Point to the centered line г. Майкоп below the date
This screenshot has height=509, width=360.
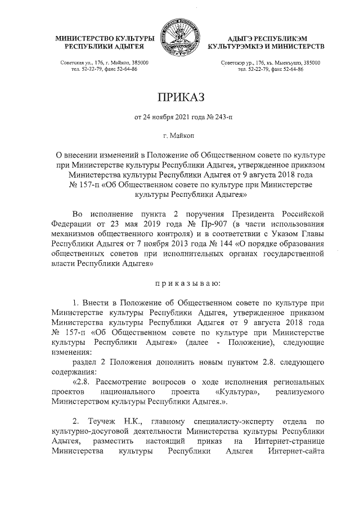pyautogui.click(x=180, y=136)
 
